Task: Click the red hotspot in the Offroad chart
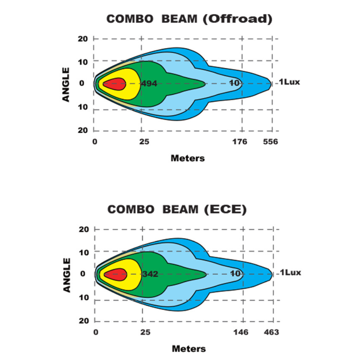coord(114,84)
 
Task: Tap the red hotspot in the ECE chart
coord(115,274)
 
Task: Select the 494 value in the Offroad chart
coord(149,84)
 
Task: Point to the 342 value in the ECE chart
coord(150,274)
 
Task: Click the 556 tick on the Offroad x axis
coord(270,142)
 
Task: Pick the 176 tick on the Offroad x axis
coord(240,142)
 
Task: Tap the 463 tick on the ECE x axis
coord(271,332)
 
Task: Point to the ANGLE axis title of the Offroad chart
coord(66,84)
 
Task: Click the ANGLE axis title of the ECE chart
coord(67,274)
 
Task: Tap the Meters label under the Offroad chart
coord(188,158)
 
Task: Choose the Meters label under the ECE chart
coord(189,348)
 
